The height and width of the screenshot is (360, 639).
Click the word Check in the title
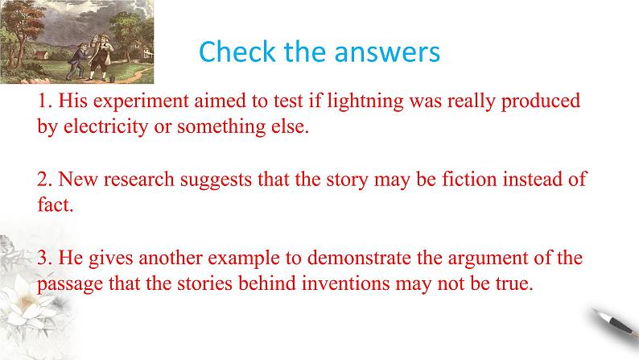[x=237, y=52]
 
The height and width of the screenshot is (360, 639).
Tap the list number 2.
[x=43, y=180]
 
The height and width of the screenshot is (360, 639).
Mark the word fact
[x=55, y=205]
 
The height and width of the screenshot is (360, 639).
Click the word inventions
[x=345, y=283]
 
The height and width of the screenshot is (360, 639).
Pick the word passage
[x=70, y=285]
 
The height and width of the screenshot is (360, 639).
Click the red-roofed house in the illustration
[x=41, y=56]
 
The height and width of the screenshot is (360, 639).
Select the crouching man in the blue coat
[x=79, y=60]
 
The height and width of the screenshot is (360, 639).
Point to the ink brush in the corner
[x=616, y=326]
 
